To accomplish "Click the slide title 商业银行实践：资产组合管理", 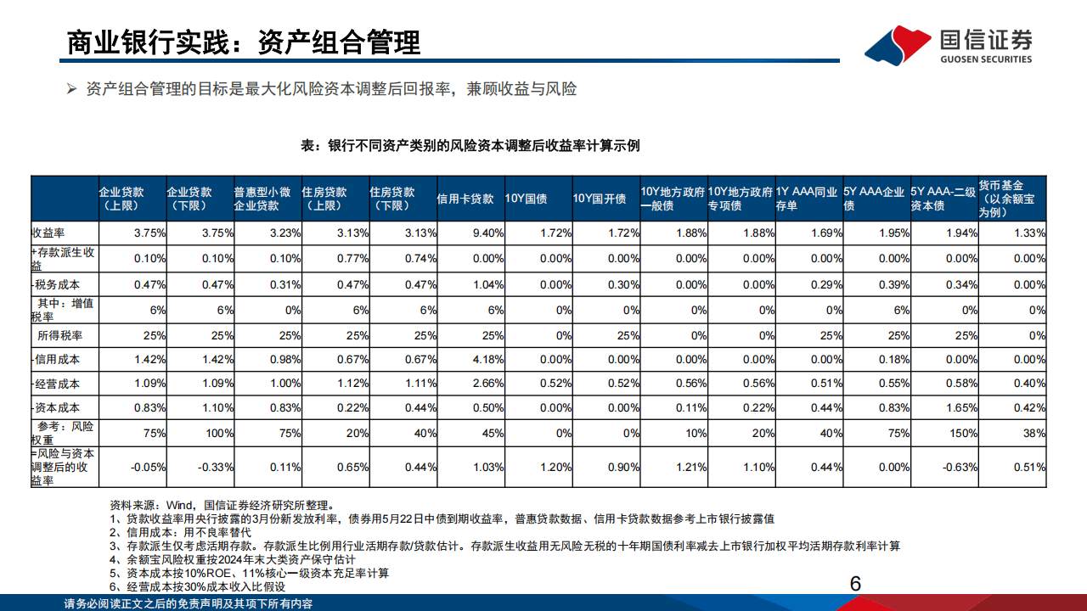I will [244, 42].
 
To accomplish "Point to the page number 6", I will [855, 584].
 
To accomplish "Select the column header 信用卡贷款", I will [465, 199].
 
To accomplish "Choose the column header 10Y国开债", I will [600, 199].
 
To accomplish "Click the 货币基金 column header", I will [1012, 198].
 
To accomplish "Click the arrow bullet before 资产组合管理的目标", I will [72, 89].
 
